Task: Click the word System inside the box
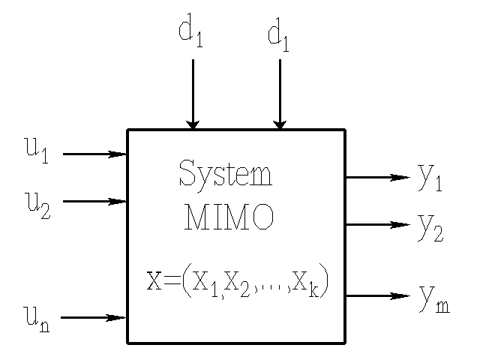(225, 174)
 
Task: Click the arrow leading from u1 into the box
(94, 154)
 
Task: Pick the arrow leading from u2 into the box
(94, 201)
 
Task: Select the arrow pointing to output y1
(377, 178)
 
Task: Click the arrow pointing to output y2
(377, 224)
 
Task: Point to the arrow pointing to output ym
(377, 295)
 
